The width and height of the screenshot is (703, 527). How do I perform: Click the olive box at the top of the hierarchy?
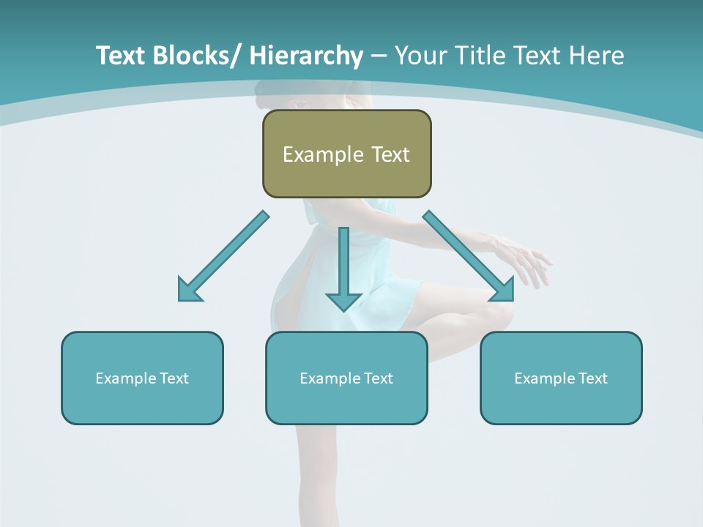click(346, 154)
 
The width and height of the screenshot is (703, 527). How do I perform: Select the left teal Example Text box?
click(142, 378)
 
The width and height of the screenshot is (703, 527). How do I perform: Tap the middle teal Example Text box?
click(346, 378)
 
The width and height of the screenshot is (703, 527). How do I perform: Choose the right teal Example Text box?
click(561, 378)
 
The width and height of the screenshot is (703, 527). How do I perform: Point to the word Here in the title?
click(598, 56)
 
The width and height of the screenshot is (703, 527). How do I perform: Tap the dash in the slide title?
click(379, 56)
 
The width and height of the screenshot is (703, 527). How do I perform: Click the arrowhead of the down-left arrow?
click(189, 291)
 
